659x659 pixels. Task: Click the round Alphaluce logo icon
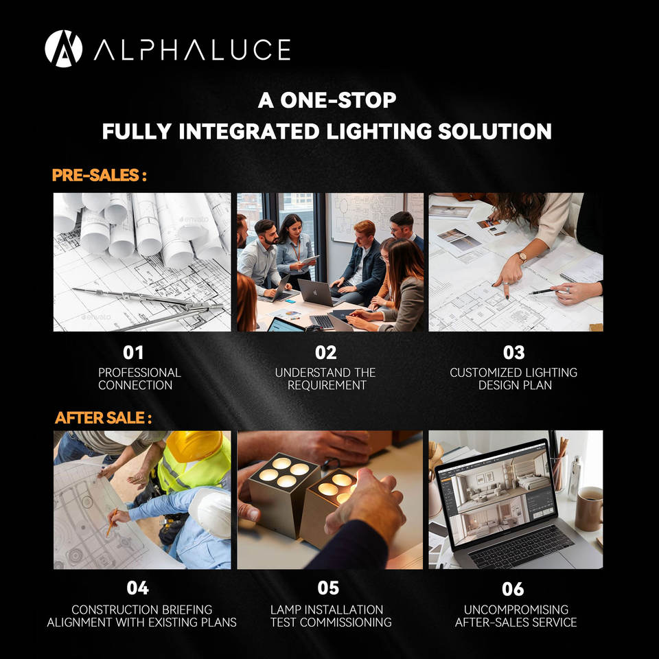point(63,49)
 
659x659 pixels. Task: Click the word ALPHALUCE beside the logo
point(192,49)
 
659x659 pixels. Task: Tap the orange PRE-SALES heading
point(99,175)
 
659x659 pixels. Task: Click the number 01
point(133,353)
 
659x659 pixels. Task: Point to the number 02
point(325,353)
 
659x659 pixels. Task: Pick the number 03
point(513,353)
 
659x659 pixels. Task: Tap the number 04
point(137,588)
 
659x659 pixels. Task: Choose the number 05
point(328,588)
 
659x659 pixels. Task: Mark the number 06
point(512,588)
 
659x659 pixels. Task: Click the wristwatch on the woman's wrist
point(522,257)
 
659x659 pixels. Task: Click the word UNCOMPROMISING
point(516,610)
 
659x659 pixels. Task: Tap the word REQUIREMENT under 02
point(327,385)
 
